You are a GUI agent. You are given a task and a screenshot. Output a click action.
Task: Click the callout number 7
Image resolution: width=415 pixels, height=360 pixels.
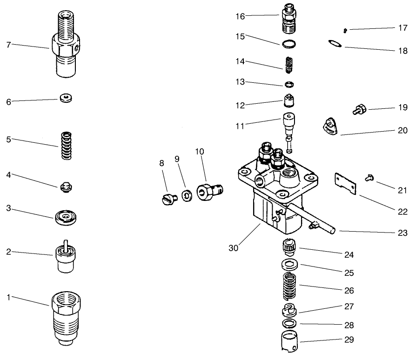click(8, 45)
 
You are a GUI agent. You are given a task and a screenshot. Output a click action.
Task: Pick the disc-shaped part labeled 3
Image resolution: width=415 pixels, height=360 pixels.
click(65, 218)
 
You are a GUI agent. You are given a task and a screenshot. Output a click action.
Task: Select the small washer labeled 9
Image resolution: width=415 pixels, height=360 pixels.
click(187, 195)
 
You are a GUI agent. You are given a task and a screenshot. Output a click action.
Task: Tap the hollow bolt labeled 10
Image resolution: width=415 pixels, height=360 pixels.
click(208, 191)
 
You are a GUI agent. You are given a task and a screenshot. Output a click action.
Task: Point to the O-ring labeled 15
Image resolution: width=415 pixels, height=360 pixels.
click(289, 44)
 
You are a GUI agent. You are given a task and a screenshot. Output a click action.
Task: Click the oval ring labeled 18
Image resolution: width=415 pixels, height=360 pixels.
click(335, 44)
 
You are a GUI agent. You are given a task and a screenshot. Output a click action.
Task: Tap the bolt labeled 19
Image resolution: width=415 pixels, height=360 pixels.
click(360, 110)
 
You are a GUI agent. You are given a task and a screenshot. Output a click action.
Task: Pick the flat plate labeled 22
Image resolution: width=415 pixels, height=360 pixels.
click(345, 184)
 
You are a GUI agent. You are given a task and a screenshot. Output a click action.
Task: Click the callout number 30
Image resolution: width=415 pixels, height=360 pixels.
click(234, 248)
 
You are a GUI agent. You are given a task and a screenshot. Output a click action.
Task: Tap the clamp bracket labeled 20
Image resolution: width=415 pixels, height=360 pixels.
click(329, 127)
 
